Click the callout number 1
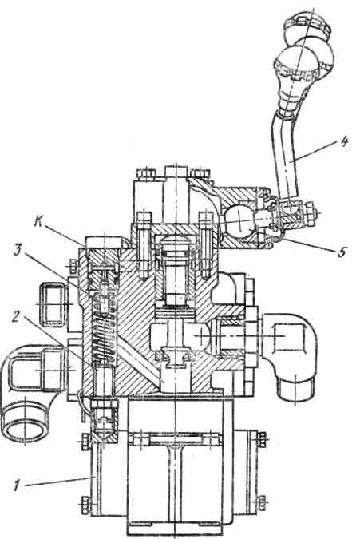point(17,485)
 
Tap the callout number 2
point(16,316)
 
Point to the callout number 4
point(344,141)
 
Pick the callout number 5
point(341,252)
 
